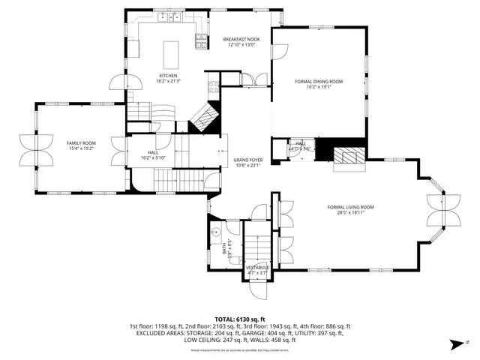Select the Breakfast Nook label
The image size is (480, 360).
coord(241,39)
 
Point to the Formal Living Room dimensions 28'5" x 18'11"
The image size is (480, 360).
coord(350,213)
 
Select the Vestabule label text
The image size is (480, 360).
coord(257,267)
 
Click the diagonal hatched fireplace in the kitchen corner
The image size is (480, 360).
coord(204,116)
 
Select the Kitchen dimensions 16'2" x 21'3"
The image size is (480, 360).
coord(168,81)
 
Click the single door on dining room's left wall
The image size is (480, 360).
coord(278,52)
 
